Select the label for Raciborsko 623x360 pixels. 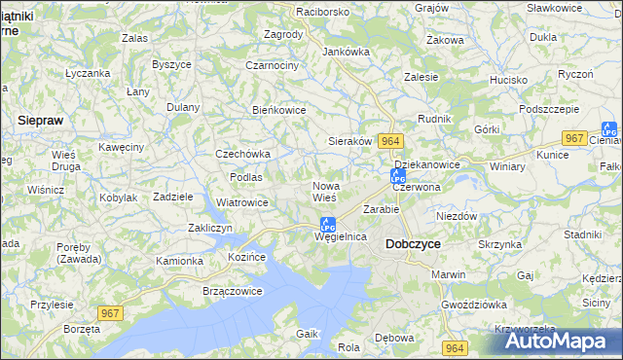point(296,12)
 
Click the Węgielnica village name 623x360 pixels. point(340,236)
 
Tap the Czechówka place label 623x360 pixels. point(242,154)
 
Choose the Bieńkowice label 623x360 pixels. point(278,110)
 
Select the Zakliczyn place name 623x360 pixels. point(208,228)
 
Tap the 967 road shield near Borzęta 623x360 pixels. point(110,312)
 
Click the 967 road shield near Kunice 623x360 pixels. point(575,138)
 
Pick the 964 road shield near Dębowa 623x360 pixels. point(454,347)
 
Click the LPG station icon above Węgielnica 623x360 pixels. point(328,223)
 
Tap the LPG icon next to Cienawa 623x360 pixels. point(609,128)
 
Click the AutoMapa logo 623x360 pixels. point(560,341)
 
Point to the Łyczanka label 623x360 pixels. point(87,73)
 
